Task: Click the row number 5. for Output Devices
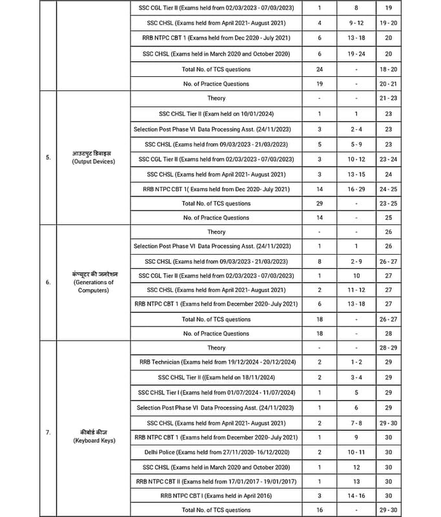[48, 158]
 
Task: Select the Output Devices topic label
[94, 158]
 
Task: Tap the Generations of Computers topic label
[94, 282]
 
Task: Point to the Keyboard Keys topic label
[94, 436]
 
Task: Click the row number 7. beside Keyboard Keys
[48, 432]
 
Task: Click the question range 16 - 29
[356, 189]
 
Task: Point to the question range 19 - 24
[356, 54]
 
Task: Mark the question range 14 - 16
[356, 496]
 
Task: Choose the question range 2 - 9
[356, 261]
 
